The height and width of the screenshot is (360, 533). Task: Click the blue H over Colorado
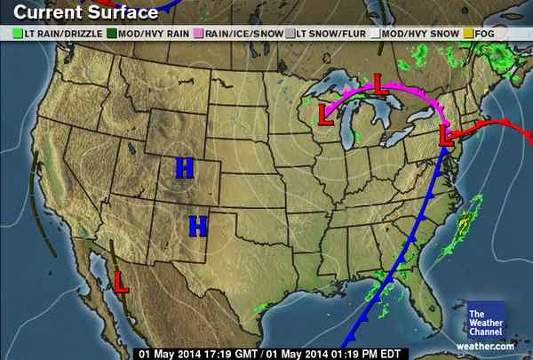tap(185, 167)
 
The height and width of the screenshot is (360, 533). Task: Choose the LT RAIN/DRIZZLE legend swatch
tap(17, 33)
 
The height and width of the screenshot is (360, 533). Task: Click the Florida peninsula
tap(428, 298)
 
